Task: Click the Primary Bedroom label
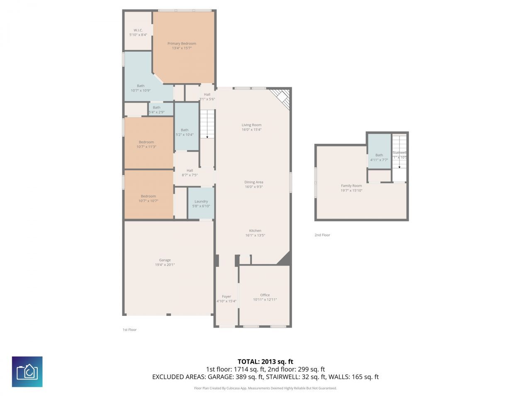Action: tap(182, 43)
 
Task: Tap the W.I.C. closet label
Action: tap(138, 30)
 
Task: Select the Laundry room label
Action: tap(201, 201)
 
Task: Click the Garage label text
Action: tap(165, 260)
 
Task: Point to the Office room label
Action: tap(265, 295)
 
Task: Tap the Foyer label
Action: tap(226, 296)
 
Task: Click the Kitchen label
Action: tap(255, 231)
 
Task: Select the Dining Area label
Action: tap(253, 182)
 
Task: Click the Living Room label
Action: tap(251, 125)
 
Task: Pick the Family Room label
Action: tap(351, 186)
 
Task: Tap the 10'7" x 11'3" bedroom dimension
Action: tap(146, 147)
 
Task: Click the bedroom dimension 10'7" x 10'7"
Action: tap(148, 201)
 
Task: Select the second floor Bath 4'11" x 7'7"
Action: tap(379, 157)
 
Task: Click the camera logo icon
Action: tap(27, 372)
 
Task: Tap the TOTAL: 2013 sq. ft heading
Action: tap(265, 362)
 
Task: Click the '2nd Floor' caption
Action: tap(322, 235)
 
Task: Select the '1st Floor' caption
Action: tap(129, 330)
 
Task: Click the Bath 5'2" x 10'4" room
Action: tap(185, 132)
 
